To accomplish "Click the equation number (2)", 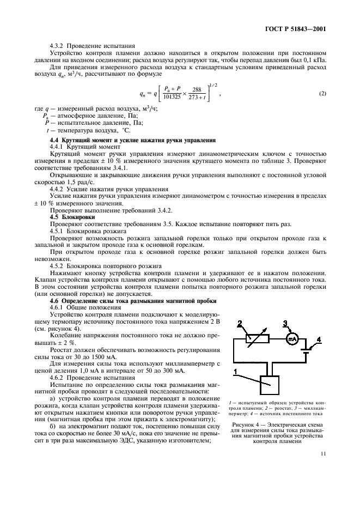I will tap(322, 93).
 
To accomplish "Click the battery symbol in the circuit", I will tap(307, 348).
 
